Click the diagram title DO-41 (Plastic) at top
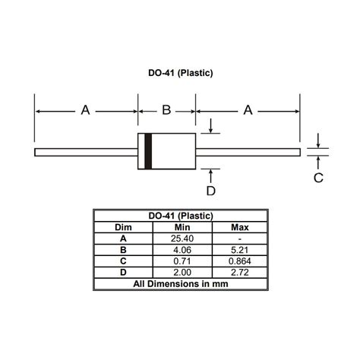[x=180, y=74]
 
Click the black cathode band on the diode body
[x=148, y=151]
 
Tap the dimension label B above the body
[x=166, y=111]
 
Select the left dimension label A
[x=85, y=111]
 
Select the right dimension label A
[x=248, y=111]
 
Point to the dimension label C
[x=319, y=178]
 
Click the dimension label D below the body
[x=211, y=190]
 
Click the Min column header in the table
[x=182, y=227]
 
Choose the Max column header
[x=240, y=227]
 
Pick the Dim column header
[x=123, y=227]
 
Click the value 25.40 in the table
[x=182, y=238]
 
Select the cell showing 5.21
[x=240, y=249]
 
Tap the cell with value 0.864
[x=240, y=261]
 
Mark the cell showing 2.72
[x=240, y=271]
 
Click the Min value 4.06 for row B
[x=182, y=249]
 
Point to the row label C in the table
[x=123, y=261]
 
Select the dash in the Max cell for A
[x=240, y=238]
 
